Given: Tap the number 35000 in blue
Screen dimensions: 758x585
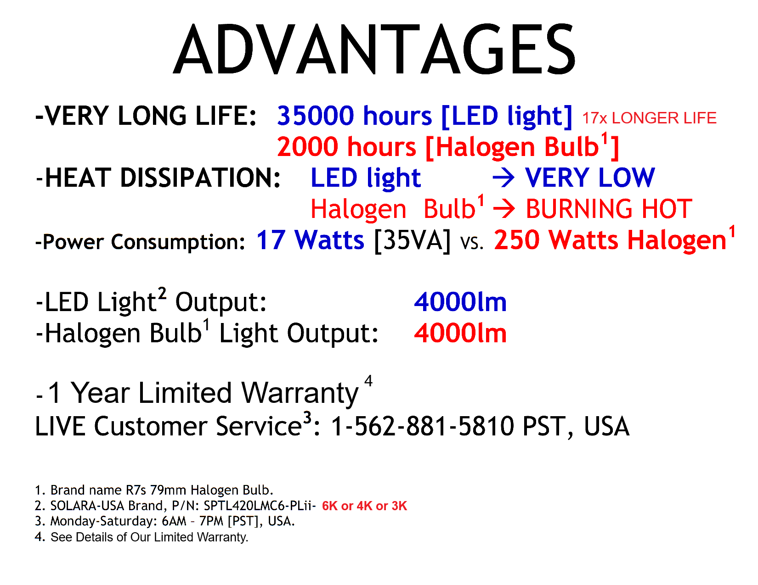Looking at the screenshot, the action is click(x=315, y=116).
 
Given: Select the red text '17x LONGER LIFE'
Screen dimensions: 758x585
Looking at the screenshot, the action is click(x=649, y=118).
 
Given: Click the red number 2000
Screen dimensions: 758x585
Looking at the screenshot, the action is click(x=307, y=147).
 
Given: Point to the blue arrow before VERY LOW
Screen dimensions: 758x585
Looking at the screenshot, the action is click(x=503, y=178).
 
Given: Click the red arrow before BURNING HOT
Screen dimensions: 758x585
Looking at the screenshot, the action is click(x=503, y=209).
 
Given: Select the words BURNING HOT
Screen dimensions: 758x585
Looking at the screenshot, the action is click(x=609, y=209).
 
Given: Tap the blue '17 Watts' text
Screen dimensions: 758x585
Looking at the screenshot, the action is click(x=310, y=240).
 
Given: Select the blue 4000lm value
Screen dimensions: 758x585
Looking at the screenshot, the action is click(x=460, y=302).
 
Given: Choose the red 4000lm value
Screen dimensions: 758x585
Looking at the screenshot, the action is click(x=460, y=333).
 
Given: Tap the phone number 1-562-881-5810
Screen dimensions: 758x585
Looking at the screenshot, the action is click(x=422, y=426).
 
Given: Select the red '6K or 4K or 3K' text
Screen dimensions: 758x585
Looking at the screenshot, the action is click(x=364, y=506).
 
